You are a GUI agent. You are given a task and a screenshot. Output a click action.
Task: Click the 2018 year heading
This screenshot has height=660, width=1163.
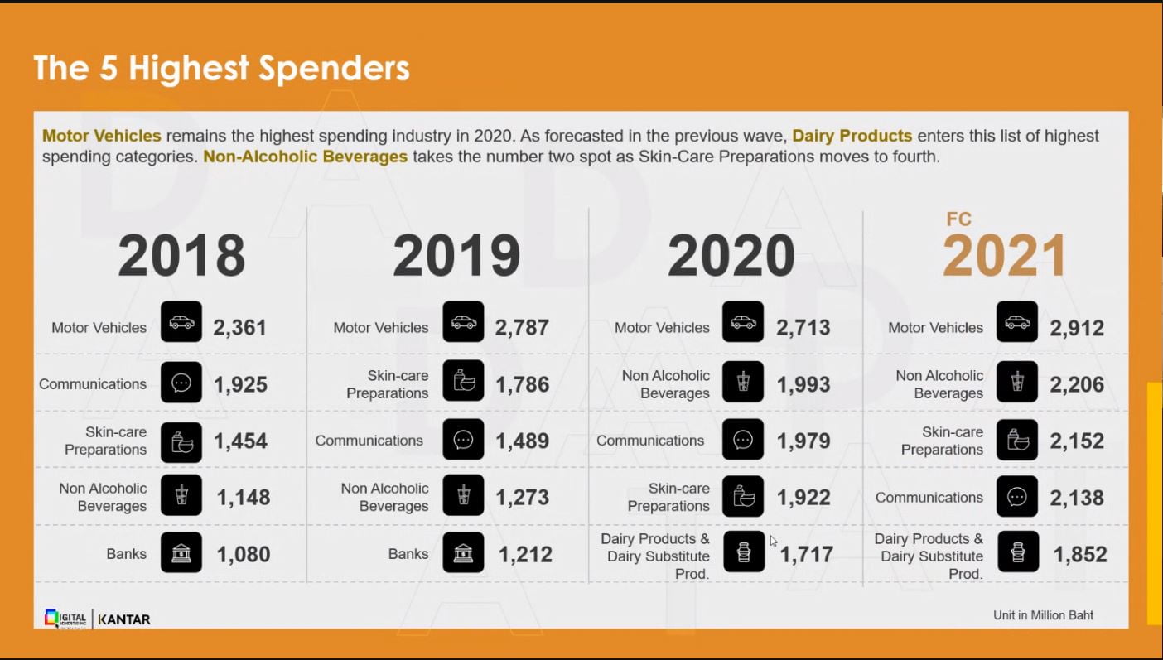click(x=181, y=255)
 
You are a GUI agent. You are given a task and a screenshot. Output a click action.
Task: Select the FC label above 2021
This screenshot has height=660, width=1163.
click(x=958, y=219)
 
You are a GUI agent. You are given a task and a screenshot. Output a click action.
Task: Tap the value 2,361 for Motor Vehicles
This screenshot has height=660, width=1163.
click(x=240, y=327)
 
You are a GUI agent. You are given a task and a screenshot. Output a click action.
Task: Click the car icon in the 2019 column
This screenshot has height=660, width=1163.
click(x=463, y=321)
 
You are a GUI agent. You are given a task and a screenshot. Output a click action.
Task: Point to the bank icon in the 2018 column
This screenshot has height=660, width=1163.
click(x=181, y=552)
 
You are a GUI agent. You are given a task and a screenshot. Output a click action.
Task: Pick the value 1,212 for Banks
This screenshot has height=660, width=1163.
click(x=525, y=554)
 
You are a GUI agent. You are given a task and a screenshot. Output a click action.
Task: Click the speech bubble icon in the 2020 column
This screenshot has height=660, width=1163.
click(x=742, y=440)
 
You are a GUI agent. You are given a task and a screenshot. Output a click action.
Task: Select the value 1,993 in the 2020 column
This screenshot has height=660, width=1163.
click(x=803, y=384)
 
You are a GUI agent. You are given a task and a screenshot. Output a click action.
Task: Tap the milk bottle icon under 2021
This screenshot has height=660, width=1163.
click(x=1017, y=552)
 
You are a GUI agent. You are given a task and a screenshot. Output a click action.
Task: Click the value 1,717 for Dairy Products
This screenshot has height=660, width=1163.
click(x=806, y=554)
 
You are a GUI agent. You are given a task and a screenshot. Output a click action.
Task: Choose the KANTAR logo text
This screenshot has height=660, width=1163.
click(x=124, y=619)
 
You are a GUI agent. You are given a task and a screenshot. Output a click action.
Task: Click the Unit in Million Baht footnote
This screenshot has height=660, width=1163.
click(x=1043, y=614)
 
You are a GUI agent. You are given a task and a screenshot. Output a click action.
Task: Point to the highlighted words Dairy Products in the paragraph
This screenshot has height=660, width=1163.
click(x=852, y=136)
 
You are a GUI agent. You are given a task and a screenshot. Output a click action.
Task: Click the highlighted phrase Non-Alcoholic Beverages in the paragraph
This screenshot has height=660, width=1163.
click(x=306, y=157)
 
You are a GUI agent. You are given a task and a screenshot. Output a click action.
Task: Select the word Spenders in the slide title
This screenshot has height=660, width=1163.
click(x=335, y=68)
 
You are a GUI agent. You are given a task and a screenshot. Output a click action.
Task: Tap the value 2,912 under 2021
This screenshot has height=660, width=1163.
click(x=1077, y=328)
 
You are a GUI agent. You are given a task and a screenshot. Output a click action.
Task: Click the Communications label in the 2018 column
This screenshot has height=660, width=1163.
click(x=93, y=384)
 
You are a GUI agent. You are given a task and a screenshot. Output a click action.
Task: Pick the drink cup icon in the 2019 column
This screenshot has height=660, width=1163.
click(x=463, y=495)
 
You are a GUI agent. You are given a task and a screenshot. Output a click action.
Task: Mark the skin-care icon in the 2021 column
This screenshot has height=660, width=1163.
click(x=1017, y=440)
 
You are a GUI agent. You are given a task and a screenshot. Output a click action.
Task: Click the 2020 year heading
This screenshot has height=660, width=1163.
click(x=731, y=255)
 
